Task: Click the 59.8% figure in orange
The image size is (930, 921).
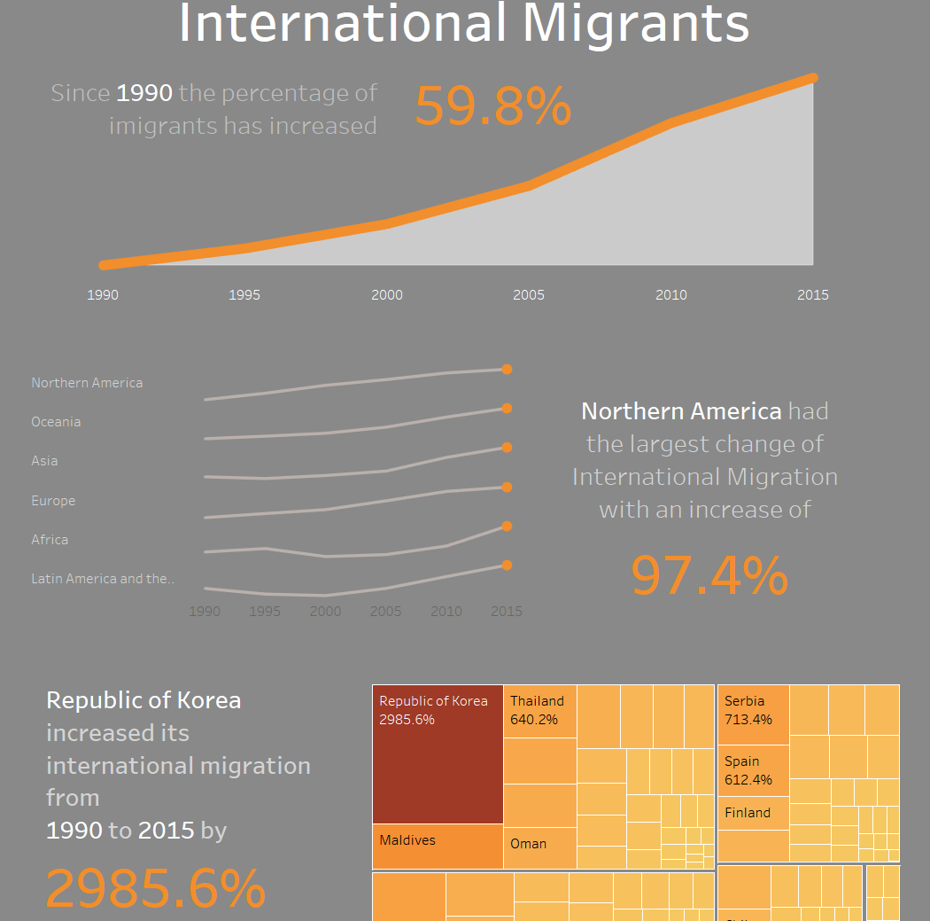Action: [492, 107]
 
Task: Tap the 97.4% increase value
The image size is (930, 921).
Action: [709, 575]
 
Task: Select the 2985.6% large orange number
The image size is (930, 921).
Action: [156, 887]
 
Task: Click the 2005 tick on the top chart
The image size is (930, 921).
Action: [529, 295]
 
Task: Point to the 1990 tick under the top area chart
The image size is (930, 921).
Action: [103, 295]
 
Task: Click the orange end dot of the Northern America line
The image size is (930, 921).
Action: [507, 370]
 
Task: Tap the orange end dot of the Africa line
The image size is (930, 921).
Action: [507, 527]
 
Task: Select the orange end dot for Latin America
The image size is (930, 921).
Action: [507, 566]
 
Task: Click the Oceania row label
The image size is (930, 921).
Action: [56, 422]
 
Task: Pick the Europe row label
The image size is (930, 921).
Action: [53, 501]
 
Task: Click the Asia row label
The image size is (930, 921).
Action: [44, 461]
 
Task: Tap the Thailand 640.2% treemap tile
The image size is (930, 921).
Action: [540, 710]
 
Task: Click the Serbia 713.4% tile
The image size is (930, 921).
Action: [753, 714]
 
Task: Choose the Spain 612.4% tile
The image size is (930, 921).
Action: [753, 771]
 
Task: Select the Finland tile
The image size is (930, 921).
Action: [753, 813]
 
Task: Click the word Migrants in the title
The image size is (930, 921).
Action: [635, 24]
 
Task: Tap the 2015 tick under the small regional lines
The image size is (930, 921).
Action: [507, 612]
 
